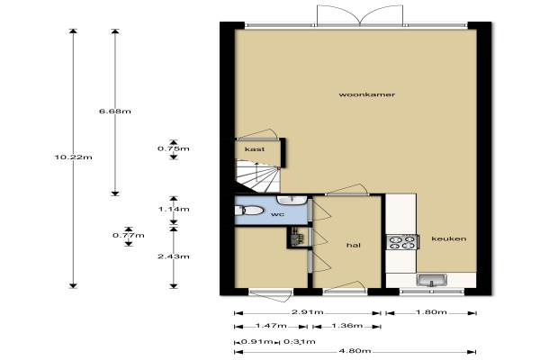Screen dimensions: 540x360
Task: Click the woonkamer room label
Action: coord(367,94)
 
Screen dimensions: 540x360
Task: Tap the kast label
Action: coord(255,149)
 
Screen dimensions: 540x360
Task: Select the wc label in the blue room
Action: coord(277,214)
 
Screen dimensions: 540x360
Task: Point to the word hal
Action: coord(354,245)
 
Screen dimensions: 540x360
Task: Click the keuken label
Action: coord(449,238)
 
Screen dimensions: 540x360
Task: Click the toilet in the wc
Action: coord(248,210)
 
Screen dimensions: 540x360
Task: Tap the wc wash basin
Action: coord(292,200)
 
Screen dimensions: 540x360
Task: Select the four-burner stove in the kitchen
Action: coord(402,242)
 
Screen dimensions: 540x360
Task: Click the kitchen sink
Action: coord(431,281)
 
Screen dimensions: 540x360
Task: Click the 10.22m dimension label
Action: coord(74,157)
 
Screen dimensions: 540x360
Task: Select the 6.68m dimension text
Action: coord(115,112)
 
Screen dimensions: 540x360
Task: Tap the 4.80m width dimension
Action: coord(355,351)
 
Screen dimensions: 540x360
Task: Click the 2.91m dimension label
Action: coord(308,311)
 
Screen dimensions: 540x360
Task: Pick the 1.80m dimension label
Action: coord(431,311)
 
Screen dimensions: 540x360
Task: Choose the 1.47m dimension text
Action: coord(271,325)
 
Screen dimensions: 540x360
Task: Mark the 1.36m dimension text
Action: coord(346,325)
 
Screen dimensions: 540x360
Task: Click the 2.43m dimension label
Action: coord(174,256)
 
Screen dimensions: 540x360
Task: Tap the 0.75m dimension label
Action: coord(174,148)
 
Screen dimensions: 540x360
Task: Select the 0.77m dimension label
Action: coord(129,236)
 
